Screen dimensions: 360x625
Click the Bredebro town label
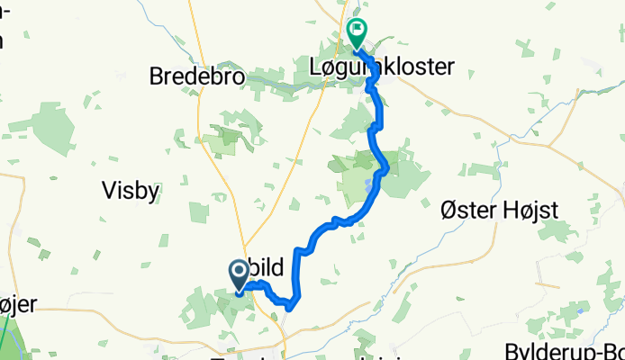[x=197, y=77]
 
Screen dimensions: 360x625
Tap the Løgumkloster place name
[x=378, y=66]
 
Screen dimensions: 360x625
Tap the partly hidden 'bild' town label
[x=269, y=267]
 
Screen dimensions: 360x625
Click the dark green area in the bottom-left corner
[x=7, y=337]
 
